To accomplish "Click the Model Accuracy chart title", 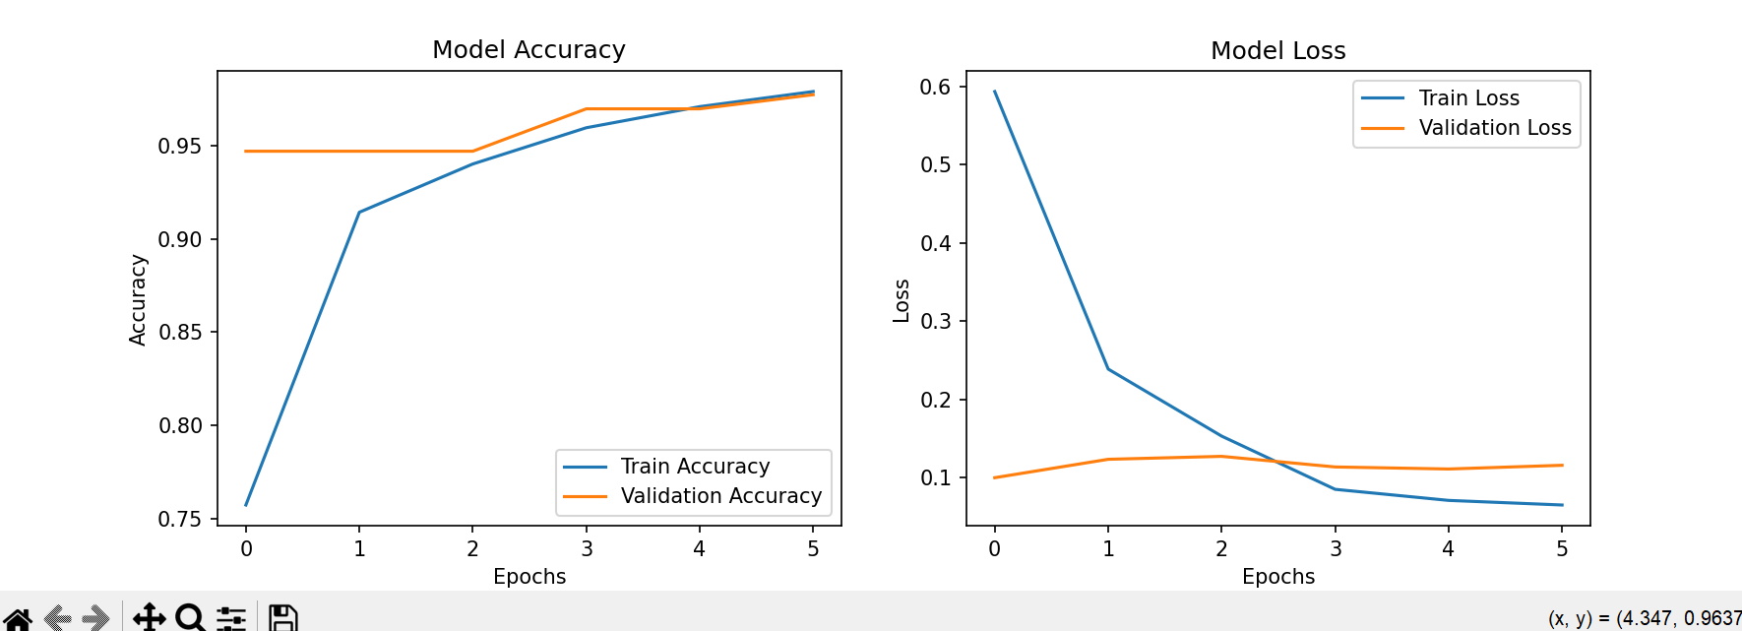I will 529,49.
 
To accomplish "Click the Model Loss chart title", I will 1277,50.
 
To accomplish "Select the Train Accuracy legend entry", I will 695,467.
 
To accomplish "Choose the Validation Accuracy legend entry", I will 720,496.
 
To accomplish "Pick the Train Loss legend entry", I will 1468,98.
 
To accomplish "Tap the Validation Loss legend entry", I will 1494,128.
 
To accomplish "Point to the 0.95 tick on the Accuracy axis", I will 180,147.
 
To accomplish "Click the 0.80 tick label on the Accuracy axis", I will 180,426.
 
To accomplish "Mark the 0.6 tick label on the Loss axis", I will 935,87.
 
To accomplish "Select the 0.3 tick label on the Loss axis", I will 935,322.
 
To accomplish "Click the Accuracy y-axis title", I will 138,300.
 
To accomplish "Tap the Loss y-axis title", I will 901,300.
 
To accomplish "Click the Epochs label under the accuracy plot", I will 529,577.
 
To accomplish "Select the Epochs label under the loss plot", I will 1277,577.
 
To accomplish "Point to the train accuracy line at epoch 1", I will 359,212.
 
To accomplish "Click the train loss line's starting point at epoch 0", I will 995,92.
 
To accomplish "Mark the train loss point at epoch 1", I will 1108,369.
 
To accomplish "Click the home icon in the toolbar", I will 18,618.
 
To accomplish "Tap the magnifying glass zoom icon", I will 190,618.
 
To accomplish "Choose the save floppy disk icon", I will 283,618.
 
